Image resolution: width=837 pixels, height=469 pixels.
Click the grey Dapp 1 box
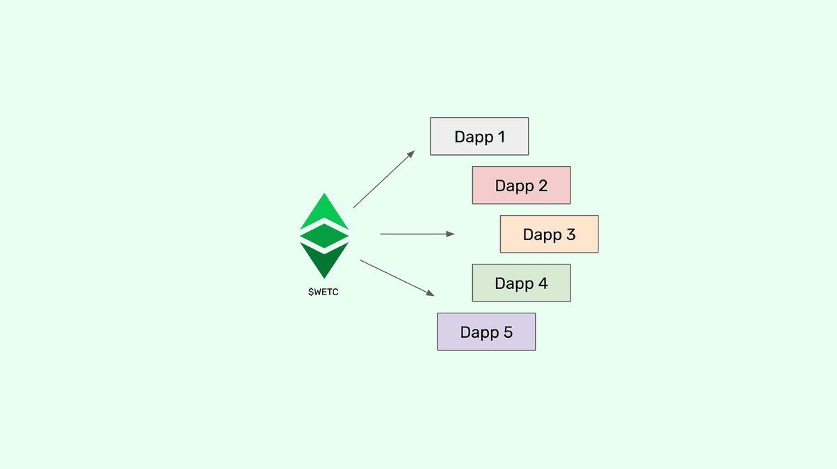479,136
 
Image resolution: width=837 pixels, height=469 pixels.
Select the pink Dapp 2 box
521,185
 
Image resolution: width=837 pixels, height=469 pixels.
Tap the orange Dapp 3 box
549,234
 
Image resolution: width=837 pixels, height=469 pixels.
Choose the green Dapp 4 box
521,283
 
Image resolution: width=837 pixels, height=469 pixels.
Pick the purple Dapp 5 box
486,332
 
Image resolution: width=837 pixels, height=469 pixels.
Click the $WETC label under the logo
324,292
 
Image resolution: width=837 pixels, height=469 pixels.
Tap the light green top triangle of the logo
324,213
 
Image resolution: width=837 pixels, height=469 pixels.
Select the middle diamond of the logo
324,236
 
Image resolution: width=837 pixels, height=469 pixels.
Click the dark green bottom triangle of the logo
324,260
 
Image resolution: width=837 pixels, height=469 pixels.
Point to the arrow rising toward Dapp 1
384,179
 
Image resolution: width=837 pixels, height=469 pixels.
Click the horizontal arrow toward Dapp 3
416,234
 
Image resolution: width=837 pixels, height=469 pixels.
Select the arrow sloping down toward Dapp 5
397,277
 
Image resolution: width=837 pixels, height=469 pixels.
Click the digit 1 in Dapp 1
501,137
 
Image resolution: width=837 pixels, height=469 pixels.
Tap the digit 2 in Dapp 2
542,186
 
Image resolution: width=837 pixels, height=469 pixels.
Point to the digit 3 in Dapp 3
570,234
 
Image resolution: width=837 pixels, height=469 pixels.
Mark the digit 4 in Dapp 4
542,283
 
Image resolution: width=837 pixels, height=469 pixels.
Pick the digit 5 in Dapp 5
507,332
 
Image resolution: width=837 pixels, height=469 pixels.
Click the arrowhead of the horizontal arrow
451,234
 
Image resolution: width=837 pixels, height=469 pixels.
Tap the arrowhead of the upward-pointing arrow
412,154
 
